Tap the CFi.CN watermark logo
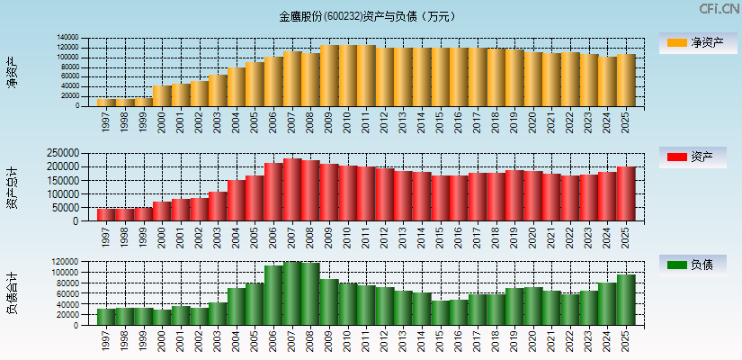click(719, 9)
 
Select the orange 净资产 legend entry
click(697, 43)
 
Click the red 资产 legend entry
click(697, 157)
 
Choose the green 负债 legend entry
click(697, 265)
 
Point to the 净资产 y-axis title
click(12, 72)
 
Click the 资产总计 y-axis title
click(12, 187)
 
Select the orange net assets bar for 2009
click(329, 76)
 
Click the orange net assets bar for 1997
click(106, 102)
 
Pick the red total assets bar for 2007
click(292, 190)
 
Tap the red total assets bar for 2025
click(626, 193)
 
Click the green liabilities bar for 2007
click(292, 293)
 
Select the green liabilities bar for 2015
click(441, 312)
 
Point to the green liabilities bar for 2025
click(626, 300)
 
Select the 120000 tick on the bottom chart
click(71, 262)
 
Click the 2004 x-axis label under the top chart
click(236, 122)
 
